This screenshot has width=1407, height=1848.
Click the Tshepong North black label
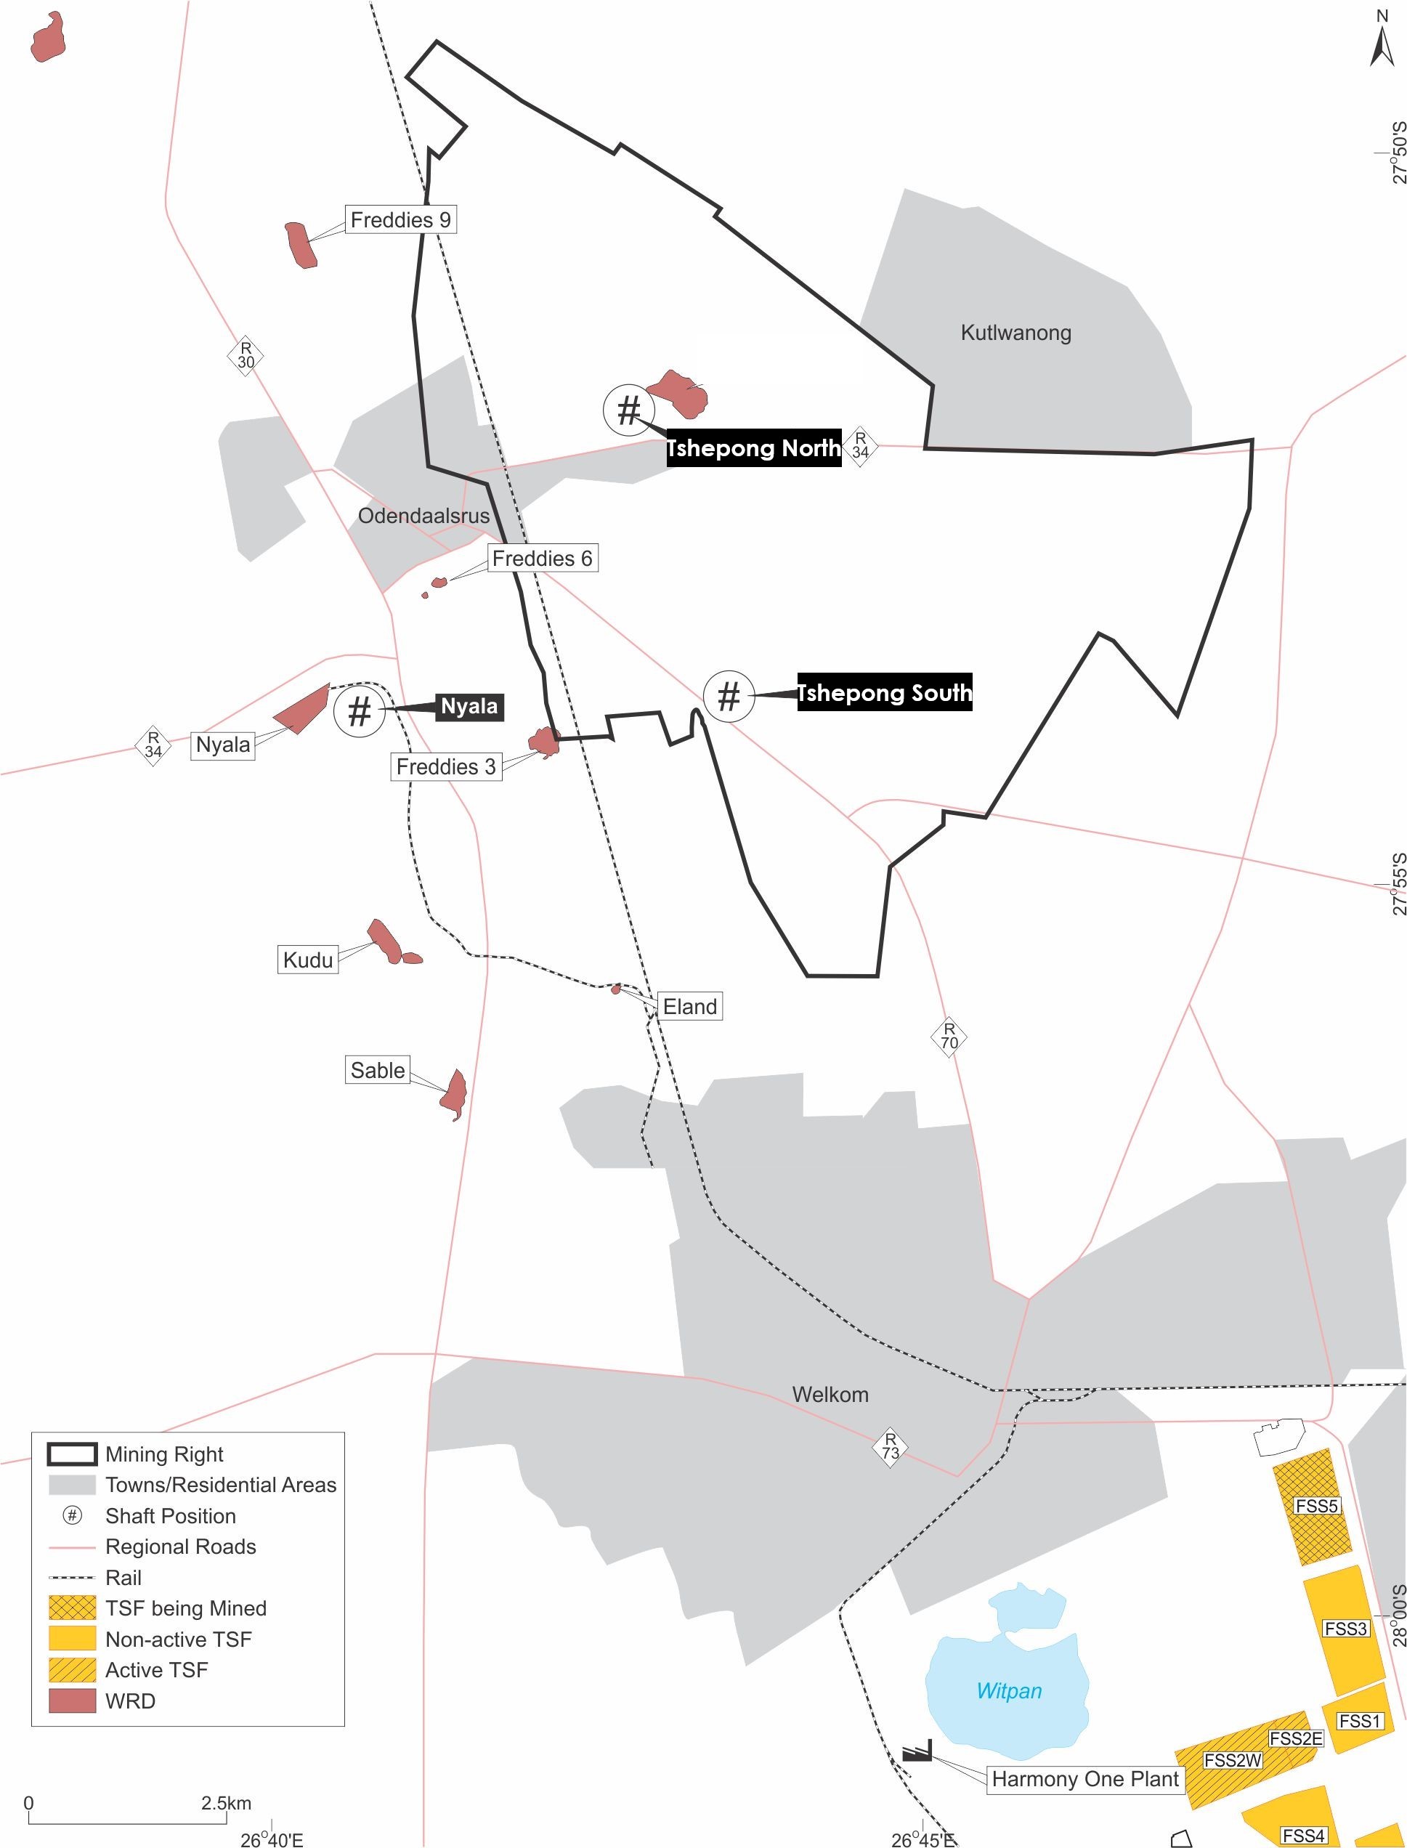753,448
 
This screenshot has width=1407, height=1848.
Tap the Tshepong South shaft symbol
729,695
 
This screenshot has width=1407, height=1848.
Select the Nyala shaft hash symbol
360,711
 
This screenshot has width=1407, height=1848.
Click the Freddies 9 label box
400,219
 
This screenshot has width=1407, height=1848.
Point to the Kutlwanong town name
1015,333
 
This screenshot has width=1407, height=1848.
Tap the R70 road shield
949,1036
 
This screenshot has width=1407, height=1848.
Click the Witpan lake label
1009,1690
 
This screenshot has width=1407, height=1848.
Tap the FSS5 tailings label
1316,1506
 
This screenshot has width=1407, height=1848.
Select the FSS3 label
1346,1628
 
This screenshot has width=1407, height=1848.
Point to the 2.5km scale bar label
225,1803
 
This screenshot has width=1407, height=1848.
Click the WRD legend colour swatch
72,1701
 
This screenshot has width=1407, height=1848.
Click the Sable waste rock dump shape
454,1093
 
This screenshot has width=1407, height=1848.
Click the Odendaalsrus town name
423,516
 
